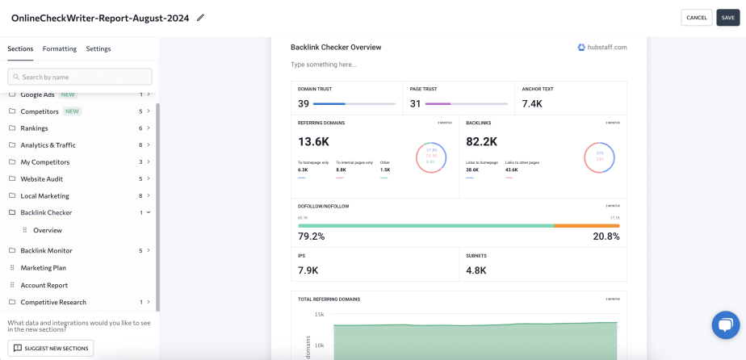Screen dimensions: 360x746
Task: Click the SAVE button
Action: pos(727,18)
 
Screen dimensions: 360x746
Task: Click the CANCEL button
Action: pos(696,18)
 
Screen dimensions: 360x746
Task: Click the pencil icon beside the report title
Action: pos(201,18)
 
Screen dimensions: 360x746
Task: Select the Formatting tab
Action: pos(60,48)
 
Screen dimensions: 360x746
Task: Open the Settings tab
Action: pos(98,48)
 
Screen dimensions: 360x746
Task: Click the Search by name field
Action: pos(80,77)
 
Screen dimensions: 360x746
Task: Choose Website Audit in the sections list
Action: pos(42,179)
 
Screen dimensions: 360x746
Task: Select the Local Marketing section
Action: pos(44,196)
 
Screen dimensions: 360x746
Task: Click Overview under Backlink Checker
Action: pos(48,230)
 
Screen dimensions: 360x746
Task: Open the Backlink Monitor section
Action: pos(46,251)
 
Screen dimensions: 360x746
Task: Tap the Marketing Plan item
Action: pos(44,268)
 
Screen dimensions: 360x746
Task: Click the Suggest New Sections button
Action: pos(51,348)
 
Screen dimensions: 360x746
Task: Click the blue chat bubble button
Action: pos(725,324)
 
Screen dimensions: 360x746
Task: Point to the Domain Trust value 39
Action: pos(304,103)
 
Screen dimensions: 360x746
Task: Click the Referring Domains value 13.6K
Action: pos(313,141)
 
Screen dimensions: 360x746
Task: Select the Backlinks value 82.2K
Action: pos(482,141)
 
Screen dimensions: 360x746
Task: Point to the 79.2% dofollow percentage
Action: pos(312,237)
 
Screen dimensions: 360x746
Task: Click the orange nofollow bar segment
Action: pos(587,226)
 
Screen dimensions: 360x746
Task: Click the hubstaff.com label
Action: pos(602,48)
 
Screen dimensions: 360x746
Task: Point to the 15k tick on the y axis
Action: pos(319,314)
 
